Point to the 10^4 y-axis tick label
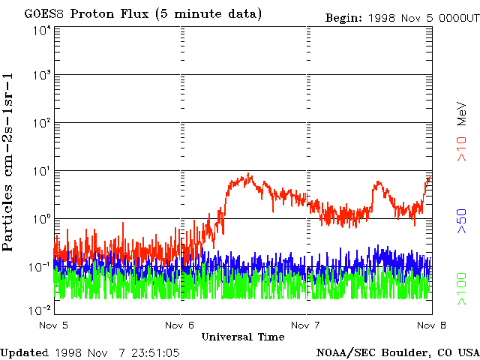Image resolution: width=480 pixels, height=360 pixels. tap(41, 31)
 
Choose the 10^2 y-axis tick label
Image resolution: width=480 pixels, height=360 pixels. tap(41, 124)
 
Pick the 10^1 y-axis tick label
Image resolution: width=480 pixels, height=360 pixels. tap(41, 172)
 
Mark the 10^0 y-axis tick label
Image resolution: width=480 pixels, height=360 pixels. tap(41, 220)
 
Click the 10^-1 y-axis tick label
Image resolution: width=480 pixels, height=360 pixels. tap(40, 267)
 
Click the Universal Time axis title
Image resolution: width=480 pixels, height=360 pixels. tap(243, 337)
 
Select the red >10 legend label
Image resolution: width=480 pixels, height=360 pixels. tap(463, 148)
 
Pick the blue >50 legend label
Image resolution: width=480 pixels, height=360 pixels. tap(463, 222)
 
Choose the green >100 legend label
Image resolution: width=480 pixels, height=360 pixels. tap(463, 289)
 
